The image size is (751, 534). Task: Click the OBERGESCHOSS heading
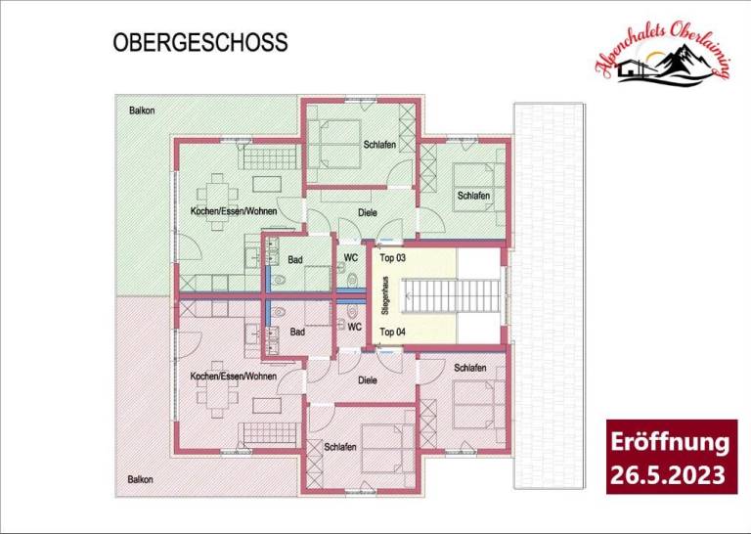click(x=200, y=42)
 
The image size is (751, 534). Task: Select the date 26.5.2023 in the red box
click(x=667, y=475)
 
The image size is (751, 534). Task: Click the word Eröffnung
click(x=670, y=442)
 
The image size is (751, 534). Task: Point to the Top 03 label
click(x=393, y=258)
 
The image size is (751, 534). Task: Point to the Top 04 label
click(x=393, y=332)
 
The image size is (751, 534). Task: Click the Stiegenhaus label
click(x=385, y=295)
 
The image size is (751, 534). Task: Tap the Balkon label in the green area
click(x=142, y=111)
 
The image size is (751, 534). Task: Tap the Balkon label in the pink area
click(x=141, y=479)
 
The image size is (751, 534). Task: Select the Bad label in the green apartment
click(x=295, y=259)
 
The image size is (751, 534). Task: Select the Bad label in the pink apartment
click(x=297, y=332)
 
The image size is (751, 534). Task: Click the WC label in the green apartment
click(x=351, y=257)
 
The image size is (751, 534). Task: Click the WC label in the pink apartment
click(x=354, y=327)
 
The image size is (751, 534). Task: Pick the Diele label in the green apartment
click(x=368, y=212)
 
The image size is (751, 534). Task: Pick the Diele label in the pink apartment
click(x=368, y=380)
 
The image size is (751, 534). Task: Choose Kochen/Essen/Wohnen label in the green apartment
click(x=234, y=211)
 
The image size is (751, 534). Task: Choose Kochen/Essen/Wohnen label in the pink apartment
click(x=234, y=377)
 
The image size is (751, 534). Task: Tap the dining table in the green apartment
click(x=217, y=201)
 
